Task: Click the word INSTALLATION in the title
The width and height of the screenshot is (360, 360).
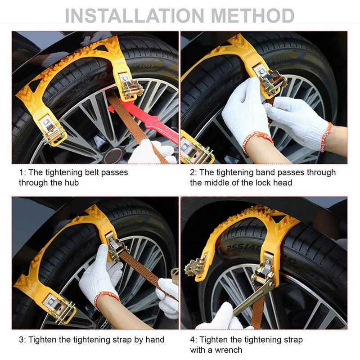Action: (x=135, y=16)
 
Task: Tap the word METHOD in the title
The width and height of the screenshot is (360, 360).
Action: (x=252, y=16)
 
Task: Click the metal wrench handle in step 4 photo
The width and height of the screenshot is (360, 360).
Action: (x=252, y=298)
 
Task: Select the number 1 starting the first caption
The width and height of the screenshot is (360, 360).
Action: (x=21, y=172)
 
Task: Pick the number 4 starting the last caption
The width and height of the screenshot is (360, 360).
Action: (x=193, y=340)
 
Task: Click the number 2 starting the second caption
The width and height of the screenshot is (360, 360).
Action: (x=193, y=172)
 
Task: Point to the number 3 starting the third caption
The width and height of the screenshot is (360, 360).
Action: (x=21, y=340)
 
